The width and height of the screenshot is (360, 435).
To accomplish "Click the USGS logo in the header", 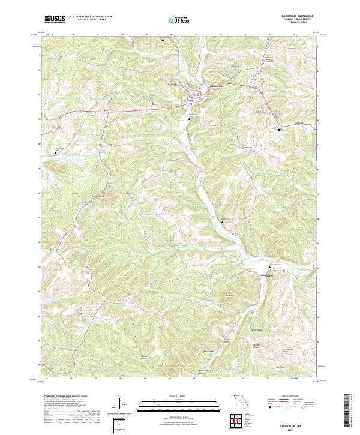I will click(55, 19).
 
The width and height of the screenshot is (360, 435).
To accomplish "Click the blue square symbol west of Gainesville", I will click(154, 103).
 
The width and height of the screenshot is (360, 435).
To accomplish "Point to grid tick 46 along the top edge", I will click(73, 35).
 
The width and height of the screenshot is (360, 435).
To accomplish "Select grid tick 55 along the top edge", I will click(293, 35).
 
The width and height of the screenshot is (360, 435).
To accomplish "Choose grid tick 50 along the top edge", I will click(172, 35).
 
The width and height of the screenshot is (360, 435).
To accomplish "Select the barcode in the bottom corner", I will click(346, 411).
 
